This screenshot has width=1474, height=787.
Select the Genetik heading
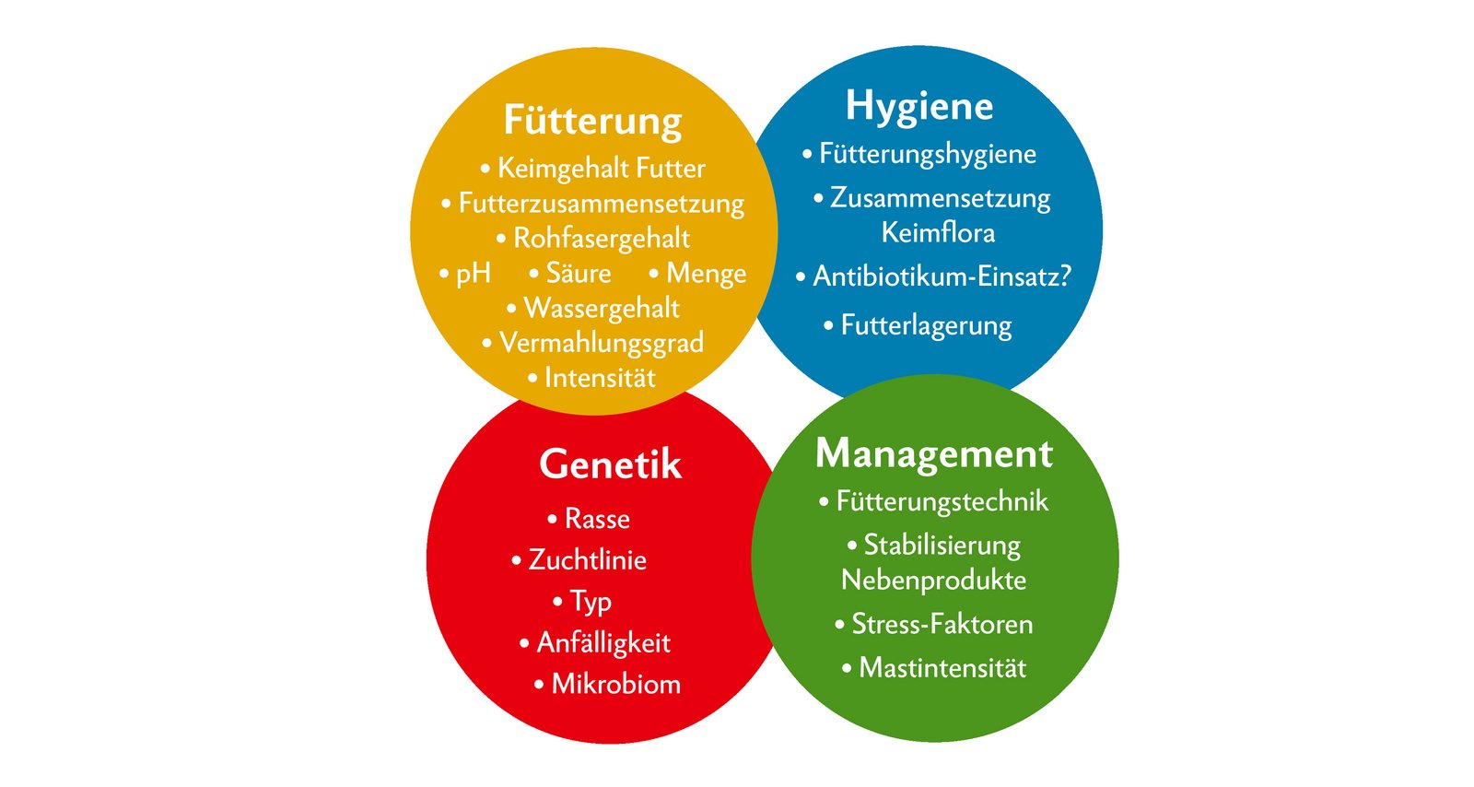tap(610, 464)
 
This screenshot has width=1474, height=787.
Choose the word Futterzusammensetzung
tap(602, 205)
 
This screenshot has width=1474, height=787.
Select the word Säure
tap(579, 273)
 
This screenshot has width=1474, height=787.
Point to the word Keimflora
tap(938, 233)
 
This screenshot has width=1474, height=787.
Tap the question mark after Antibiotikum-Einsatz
tap(1065, 276)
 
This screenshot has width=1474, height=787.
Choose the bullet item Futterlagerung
tap(918, 326)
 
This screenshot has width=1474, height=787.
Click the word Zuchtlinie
tap(588, 560)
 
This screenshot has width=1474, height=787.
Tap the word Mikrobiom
tap(616, 685)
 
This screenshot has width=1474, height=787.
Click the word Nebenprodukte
tap(934, 581)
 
